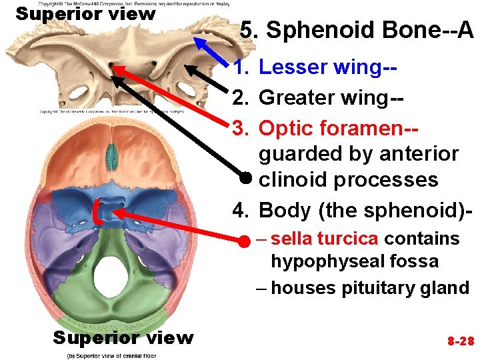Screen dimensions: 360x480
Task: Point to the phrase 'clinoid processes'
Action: [348, 180]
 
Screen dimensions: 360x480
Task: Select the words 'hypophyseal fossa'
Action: [354, 261]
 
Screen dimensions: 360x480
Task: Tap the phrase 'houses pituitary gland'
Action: [370, 288]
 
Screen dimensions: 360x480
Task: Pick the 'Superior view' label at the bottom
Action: [123, 338]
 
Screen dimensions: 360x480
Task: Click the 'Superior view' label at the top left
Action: [85, 13]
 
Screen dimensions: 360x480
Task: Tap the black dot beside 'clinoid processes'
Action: [246, 177]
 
